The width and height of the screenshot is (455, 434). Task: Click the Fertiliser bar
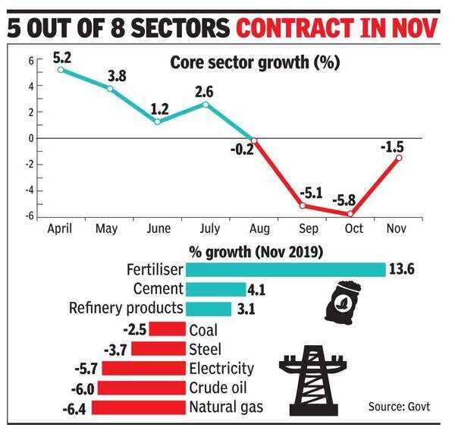click(x=286, y=269)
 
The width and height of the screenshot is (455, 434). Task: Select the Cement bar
click(x=215, y=289)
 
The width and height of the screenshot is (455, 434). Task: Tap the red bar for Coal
click(x=168, y=329)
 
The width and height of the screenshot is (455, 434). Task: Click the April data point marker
click(x=61, y=70)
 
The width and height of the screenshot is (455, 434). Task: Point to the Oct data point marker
click(x=351, y=214)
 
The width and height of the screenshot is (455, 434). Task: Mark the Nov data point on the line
click(x=399, y=158)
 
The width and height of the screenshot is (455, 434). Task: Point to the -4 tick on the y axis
click(x=30, y=190)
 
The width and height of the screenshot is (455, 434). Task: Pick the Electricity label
click(x=222, y=369)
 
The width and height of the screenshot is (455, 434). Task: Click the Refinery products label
click(x=125, y=309)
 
